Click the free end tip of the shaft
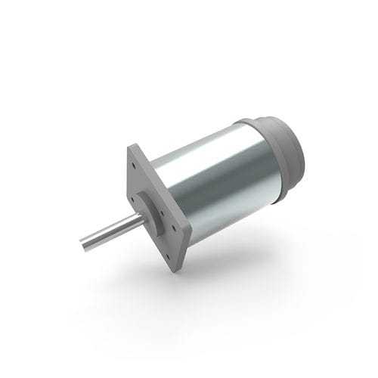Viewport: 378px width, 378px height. click(82, 244)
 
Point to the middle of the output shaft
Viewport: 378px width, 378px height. click(110, 231)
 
